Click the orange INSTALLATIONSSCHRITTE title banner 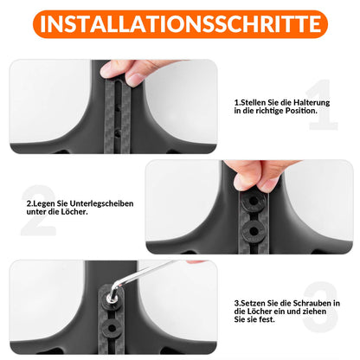pyautogui.click(x=180, y=23)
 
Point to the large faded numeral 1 pyautogui.click(x=321, y=106)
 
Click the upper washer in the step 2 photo pyautogui.click(x=254, y=200)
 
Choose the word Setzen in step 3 pyautogui.click(x=254, y=302)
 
